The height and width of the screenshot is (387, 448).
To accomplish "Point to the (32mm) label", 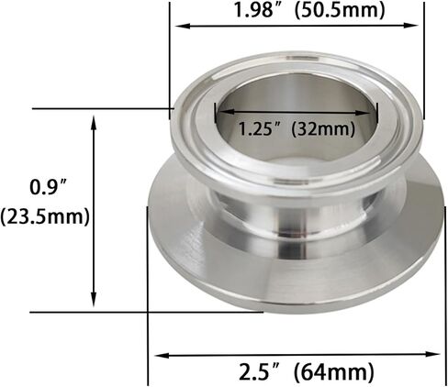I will coord(320,128).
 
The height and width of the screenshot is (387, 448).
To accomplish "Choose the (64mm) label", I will coord(334,372).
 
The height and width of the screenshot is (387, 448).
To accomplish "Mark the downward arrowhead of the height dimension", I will coord(94,304).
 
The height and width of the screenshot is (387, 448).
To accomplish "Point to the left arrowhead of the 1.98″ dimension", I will coord(177,26).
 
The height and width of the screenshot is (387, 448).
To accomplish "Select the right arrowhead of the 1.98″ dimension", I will coord(419,26).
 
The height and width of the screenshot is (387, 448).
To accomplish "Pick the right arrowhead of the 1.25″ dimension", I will coord(375,115).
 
